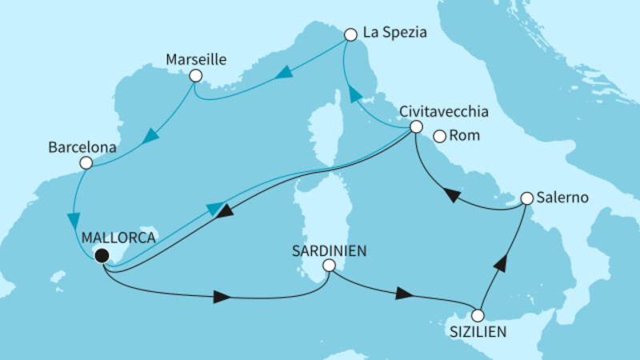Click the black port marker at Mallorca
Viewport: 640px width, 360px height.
[101, 256]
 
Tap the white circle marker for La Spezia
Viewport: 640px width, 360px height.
[350, 35]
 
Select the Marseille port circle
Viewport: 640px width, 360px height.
[194, 77]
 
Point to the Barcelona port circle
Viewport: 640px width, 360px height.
[86, 163]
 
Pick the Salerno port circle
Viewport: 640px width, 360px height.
[526, 198]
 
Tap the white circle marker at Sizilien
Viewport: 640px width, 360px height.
[478, 315]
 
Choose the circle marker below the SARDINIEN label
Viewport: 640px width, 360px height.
[329, 266]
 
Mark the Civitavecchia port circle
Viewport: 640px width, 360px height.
[415, 127]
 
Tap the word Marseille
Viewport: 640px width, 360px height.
[196, 59]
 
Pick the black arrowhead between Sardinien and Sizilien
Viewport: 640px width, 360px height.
[406, 294]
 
